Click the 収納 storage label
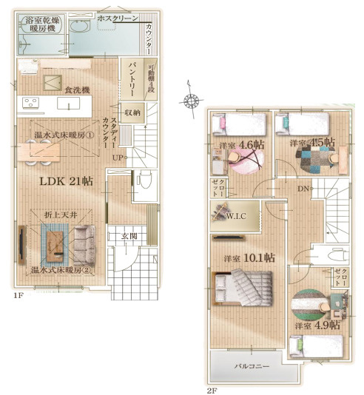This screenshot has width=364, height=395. [132, 112]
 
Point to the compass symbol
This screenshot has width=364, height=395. [190, 101]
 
